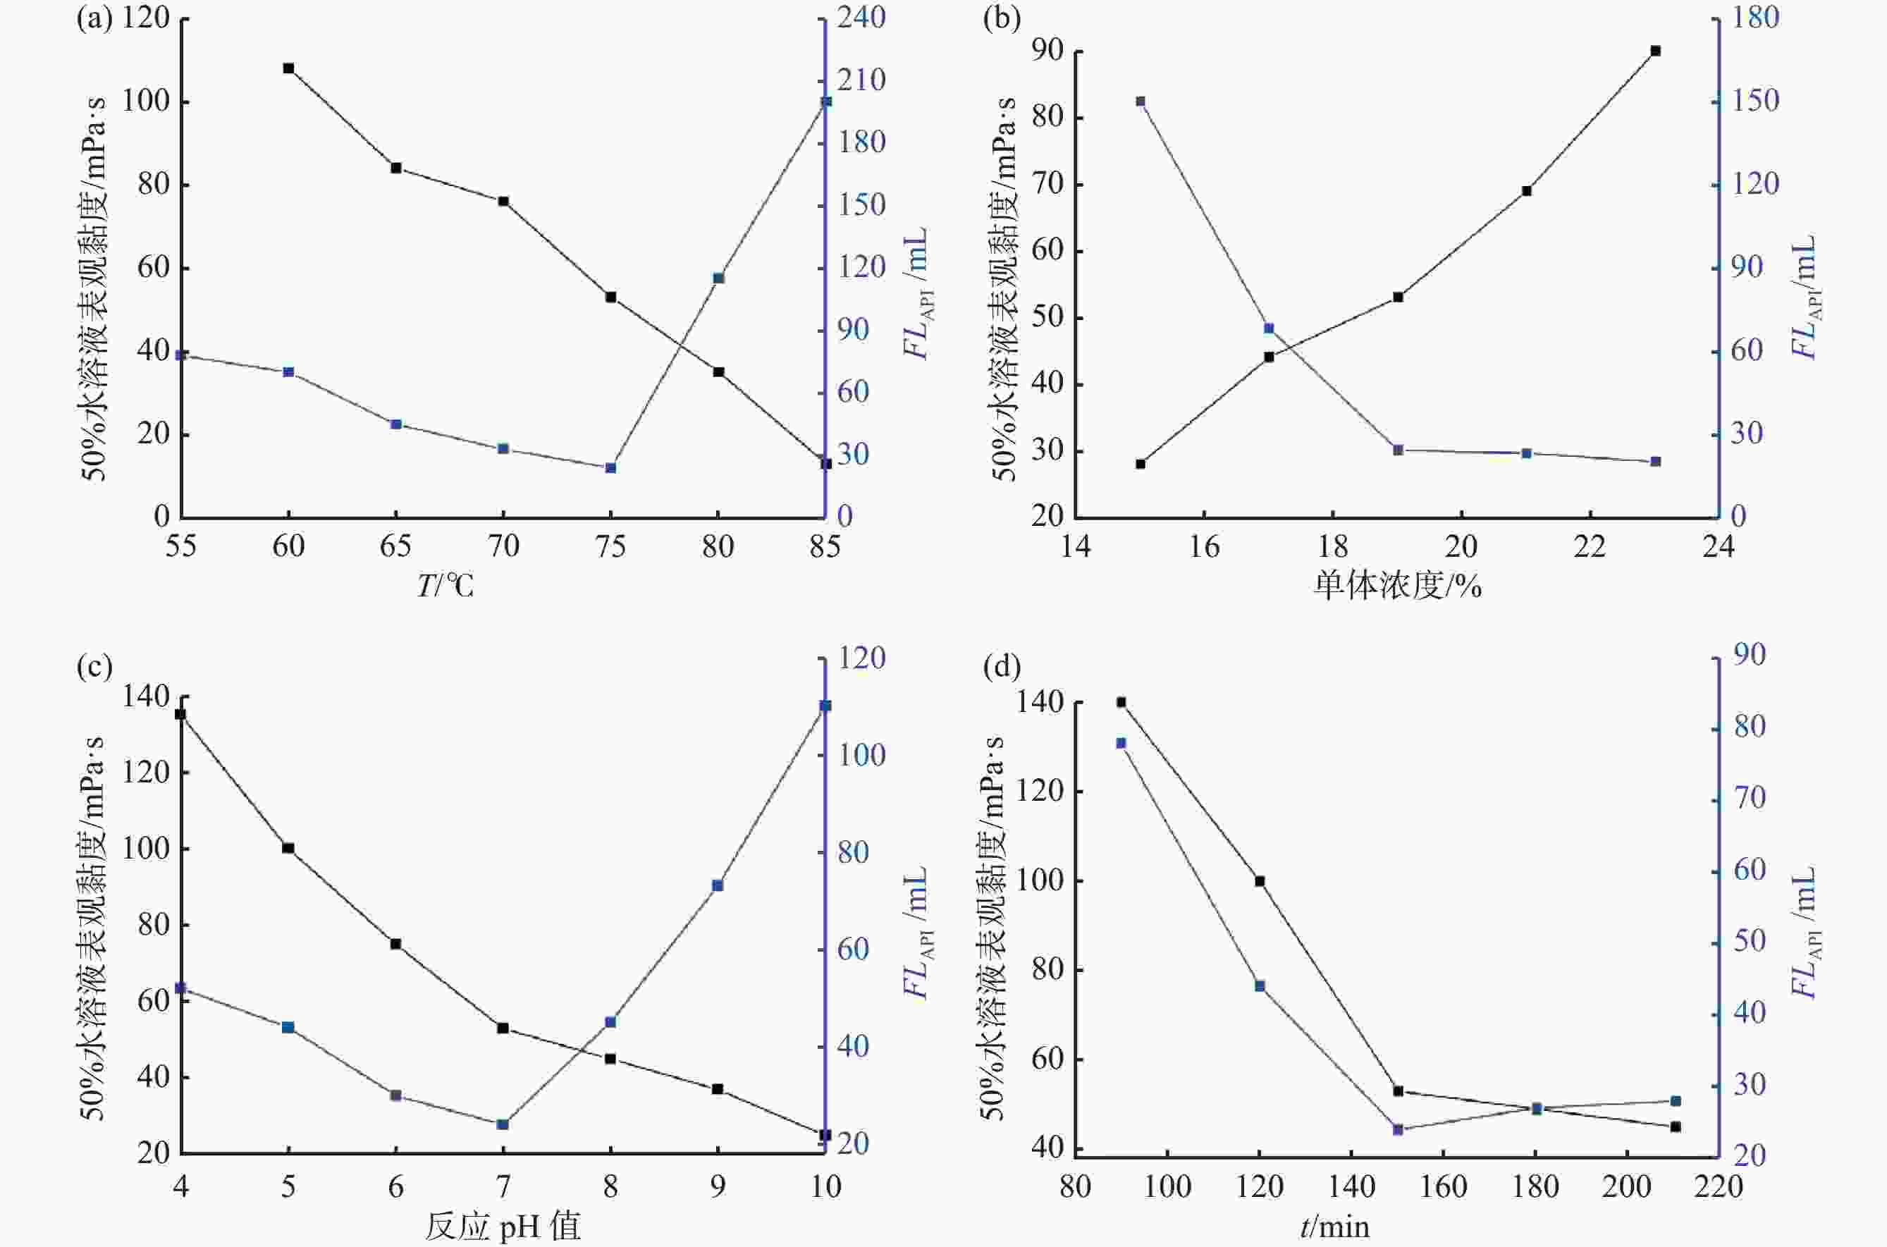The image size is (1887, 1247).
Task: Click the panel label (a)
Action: point(94,18)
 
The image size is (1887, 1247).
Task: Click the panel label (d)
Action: point(1001,666)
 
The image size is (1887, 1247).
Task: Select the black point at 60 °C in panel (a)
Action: point(289,68)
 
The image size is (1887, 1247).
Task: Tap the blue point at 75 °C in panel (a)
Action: point(610,467)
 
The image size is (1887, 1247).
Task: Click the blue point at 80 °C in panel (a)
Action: point(718,278)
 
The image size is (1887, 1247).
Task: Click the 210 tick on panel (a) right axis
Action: point(861,80)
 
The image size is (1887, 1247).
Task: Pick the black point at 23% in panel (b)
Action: point(1656,51)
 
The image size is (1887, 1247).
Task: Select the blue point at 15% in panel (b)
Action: point(1141,101)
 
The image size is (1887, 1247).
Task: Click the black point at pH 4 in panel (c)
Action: point(180,714)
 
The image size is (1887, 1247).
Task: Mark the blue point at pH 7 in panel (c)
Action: point(503,1124)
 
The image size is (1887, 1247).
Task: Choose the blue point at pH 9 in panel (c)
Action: point(718,885)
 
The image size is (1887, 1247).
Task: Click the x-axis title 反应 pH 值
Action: point(503,1227)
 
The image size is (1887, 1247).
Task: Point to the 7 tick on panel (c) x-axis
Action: point(503,1186)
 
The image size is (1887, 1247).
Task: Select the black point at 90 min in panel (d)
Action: point(1121,702)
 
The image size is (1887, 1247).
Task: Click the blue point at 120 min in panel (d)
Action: point(1260,986)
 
